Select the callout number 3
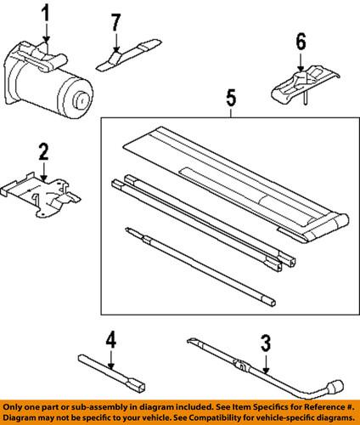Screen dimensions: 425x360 (x=265, y=343)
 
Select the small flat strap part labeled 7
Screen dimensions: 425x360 (x=127, y=55)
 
